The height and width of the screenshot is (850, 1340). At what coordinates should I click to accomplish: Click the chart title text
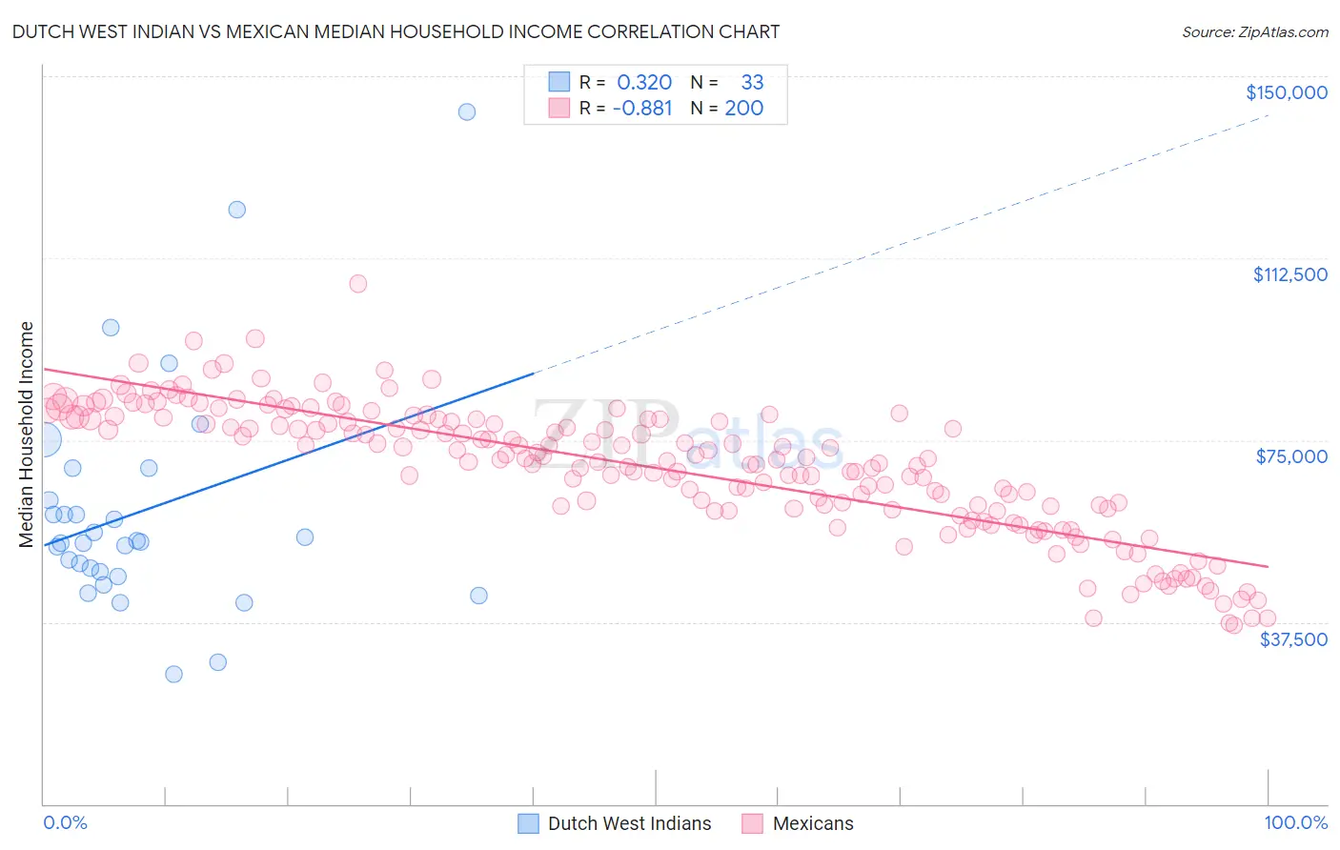click(396, 31)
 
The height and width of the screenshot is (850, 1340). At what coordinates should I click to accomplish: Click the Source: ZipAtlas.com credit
click(1254, 31)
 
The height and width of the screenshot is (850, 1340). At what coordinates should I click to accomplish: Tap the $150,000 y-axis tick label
click(1286, 92)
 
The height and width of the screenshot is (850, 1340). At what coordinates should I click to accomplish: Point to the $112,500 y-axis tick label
click(1289, 274)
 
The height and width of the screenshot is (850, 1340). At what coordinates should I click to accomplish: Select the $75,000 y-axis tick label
click(1291, 456)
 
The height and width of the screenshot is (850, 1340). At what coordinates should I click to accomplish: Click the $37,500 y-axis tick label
click(1293, 639)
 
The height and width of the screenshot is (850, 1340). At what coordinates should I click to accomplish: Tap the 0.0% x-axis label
click(65, 822)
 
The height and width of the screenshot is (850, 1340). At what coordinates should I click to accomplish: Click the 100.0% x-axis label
click(1295, 822)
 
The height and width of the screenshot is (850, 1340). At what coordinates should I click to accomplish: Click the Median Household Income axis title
click(26, 435)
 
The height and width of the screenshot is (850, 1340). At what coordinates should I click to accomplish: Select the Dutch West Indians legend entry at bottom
click(629, 823)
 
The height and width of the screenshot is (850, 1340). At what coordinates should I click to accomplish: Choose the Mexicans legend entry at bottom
click(813, 823)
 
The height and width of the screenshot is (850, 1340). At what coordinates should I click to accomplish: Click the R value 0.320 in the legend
click(644, 83)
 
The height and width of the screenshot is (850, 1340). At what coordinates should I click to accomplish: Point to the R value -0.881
click(642, 109)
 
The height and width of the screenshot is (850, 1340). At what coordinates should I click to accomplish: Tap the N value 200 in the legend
click(743, 109)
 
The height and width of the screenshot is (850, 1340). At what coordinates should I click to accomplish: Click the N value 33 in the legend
click(752, 83)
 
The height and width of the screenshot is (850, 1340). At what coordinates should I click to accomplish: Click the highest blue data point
click(467, 111)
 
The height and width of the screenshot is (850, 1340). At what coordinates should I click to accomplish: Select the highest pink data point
click(358, 283)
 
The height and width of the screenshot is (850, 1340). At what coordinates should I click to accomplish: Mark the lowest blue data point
click(173, 674)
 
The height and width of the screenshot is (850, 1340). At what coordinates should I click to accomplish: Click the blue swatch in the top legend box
click(558, 83)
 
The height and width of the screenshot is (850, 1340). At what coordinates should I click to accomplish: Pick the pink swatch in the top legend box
click(558, 109)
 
